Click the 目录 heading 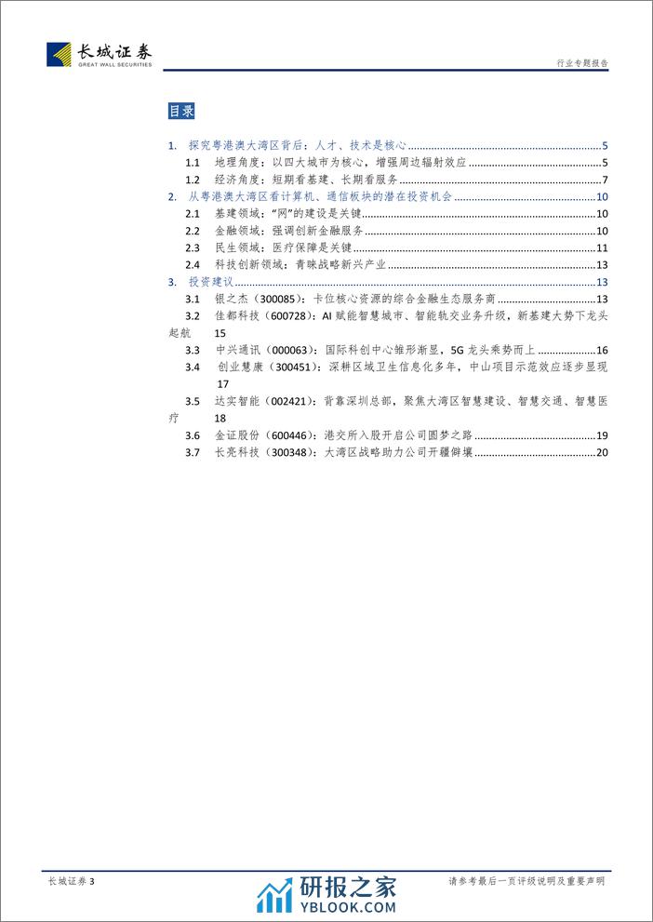tap(181, 112)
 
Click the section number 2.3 tap(193, 247)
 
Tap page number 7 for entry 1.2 tap(604, 180)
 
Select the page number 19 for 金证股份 tap(601, 435)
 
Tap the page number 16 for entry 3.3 tap(601, 351)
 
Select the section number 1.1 tap(193, 163)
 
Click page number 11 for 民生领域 tap(601, 247)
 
